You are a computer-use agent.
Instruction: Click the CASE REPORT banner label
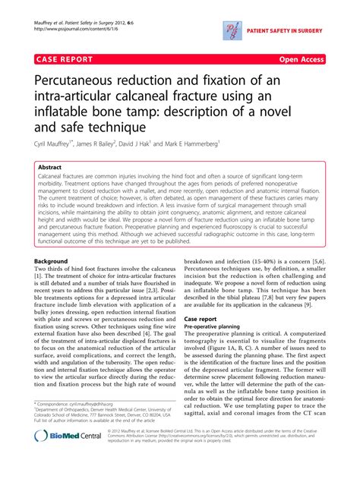65,58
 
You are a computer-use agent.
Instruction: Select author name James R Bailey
113,143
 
